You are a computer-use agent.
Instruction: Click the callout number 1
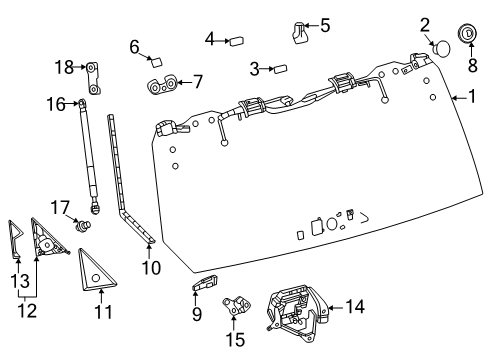coord(473,97)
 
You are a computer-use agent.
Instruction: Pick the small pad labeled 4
coord(238,41)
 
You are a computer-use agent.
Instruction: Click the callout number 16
coord(55,103)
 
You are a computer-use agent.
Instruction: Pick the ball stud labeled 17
coord(84,226)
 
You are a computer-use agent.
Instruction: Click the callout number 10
coord(150,267)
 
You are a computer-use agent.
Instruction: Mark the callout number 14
coord(355,306)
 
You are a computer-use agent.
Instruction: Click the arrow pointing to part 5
coord(312,24)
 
